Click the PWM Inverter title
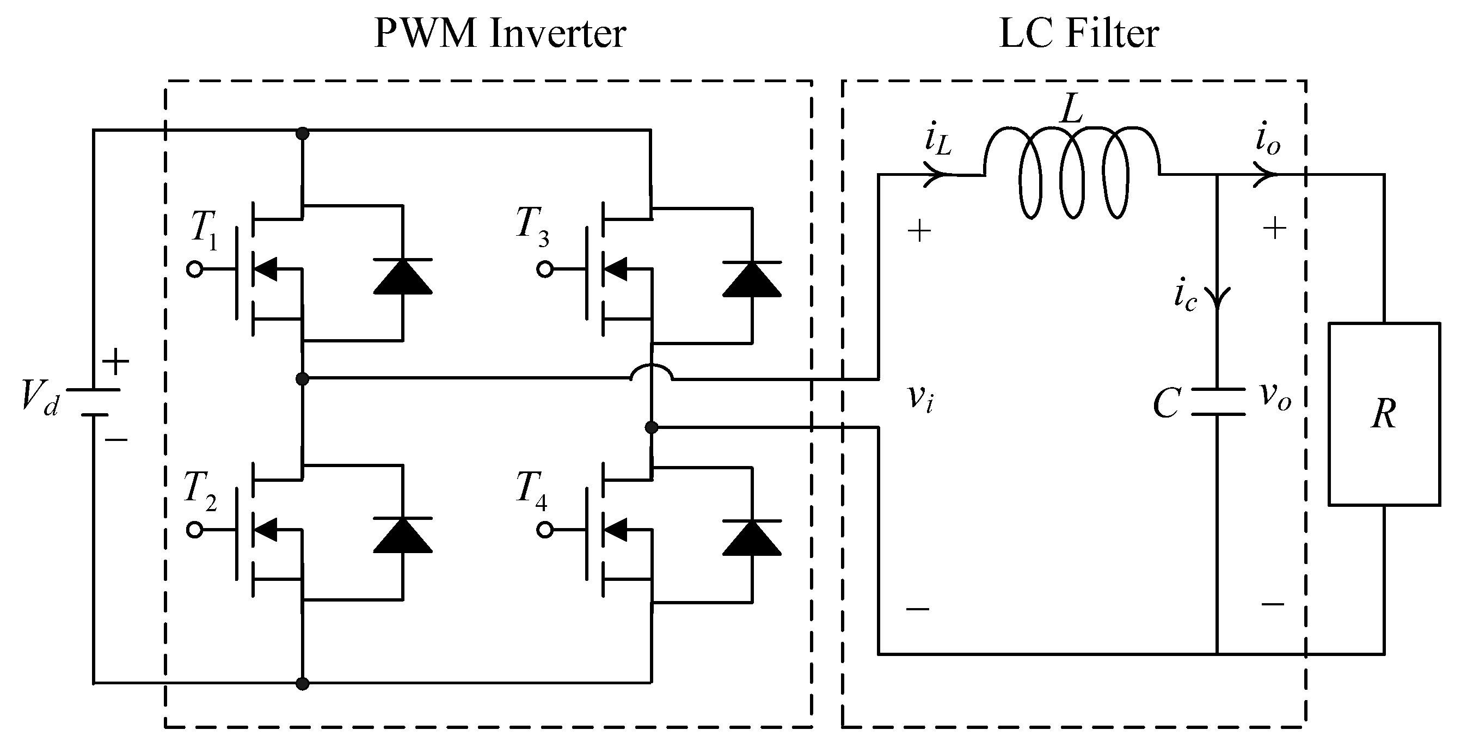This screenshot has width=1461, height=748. click(x=500, y=34)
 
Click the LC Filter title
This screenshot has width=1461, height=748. click(x=1078, y=34)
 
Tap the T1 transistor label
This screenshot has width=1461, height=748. click(x=204, y=230)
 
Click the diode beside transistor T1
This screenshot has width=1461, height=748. click(x=403, y=276)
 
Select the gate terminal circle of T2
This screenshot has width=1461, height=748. click(x=194, y=530)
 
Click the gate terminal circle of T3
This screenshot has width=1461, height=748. click(x=544, y=269)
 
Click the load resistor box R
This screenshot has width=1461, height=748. click(x=1384, y=414)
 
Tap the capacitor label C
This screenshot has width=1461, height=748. click(x=1167, y=404)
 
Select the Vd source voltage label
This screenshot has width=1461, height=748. click(x=40, y=397)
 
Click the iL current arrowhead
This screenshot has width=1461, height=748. click(x=936, y=175)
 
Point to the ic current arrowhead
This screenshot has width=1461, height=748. click(x=1217, y=298)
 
